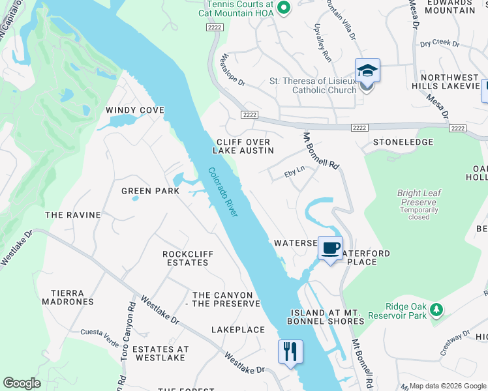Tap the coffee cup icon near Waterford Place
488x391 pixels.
click(331, 248)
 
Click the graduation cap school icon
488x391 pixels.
click(367, 70)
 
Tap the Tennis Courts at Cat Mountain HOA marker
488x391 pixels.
click(283, 8)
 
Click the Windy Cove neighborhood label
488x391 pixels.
click(135, 110)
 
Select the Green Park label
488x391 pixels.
click(150, 191)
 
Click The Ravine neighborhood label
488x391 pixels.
click(73, 215)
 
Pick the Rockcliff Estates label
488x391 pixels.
click(185, 258)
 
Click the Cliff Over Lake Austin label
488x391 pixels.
click(243, 146)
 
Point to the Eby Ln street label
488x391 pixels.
click(294, 173)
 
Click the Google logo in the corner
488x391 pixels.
click(22, 383)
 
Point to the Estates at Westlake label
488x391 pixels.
click(160, 354)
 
